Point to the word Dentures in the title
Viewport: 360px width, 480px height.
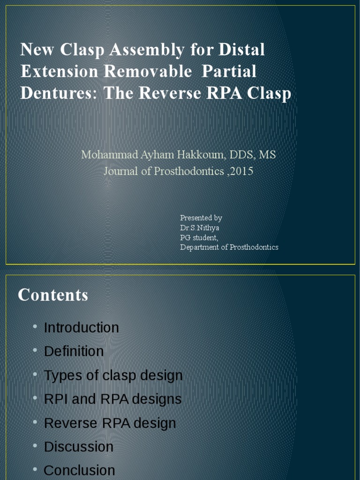58,93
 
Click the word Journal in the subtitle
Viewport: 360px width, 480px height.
121,171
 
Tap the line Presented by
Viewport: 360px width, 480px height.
201,218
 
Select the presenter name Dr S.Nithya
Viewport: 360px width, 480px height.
200,228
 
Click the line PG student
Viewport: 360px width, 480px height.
199,238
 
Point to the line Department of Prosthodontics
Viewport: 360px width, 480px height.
229,247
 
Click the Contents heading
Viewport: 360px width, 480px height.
53,295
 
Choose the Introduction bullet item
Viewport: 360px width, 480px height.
81,328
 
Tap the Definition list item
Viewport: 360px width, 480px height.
74,352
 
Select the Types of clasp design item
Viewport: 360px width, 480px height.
113,375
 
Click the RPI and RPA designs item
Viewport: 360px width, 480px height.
112,399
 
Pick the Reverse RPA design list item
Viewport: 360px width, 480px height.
110,423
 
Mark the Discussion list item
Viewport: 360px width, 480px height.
78,447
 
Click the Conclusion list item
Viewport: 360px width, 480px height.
79,471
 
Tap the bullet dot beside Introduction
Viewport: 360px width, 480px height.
36,327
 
